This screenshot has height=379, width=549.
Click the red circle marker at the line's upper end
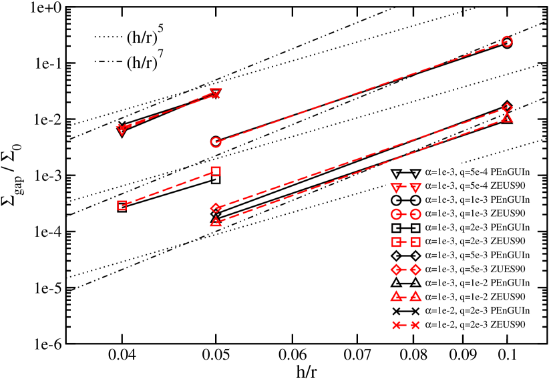pos(507,41)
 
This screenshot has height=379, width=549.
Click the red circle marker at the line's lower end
pos(216,142)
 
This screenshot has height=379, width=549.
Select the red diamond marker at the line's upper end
pos(507,107)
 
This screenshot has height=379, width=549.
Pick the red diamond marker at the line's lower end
pos(216,208)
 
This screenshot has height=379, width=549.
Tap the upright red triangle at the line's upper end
pos(507,117)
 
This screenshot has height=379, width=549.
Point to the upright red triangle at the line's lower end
pos(216,222)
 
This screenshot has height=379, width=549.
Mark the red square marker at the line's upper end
pos(216,171)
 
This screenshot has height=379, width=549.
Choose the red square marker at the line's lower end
pos(122,205)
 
